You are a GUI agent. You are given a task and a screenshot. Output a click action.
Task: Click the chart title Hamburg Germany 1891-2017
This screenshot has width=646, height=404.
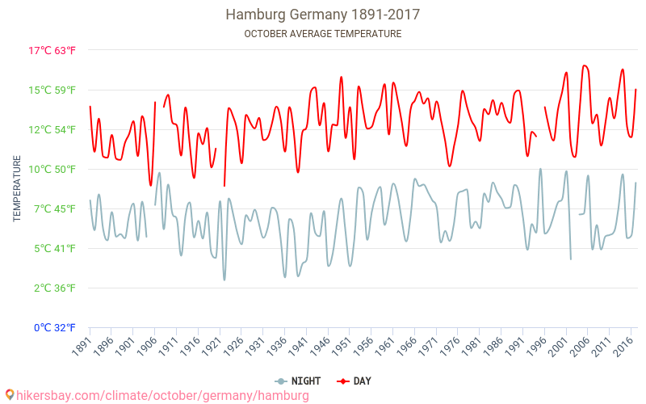click(x=322, y=15)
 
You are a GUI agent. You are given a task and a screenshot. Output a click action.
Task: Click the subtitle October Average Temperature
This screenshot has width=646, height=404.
click(x=322, y=34)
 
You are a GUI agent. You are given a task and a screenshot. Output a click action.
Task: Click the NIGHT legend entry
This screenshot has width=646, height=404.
click(x=298, y=381)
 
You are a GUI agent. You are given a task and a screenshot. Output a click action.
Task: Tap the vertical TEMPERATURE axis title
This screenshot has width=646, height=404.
click(x=17, y=189)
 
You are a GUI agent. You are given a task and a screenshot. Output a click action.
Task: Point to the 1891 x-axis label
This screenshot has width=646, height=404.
click(x=82, y=346)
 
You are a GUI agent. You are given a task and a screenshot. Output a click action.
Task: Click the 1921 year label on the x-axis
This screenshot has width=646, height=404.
click(x=212, y=346)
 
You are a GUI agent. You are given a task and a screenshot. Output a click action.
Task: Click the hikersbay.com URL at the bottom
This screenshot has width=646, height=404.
click(x=162, y=396)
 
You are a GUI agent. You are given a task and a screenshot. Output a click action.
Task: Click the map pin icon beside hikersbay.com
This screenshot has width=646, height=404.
click(x=9, y=395)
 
